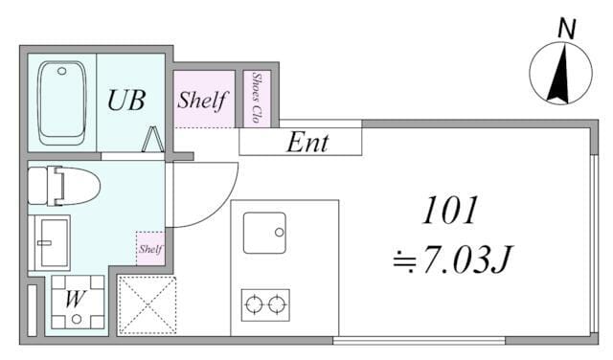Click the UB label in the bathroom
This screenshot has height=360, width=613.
tap(126, 101)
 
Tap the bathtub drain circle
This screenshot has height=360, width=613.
tap(61, 71)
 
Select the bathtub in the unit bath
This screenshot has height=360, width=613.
tap(61, 102)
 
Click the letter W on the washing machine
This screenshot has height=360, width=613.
tap(75, 300)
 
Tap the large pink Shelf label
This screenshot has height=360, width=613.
tap(202, 101)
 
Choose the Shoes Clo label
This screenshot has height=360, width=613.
tap(257, 98)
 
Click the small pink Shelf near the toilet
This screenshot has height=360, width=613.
tap(150, 249)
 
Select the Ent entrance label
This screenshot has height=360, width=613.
tap(307, 143)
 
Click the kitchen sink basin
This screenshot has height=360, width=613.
tap(264, 233)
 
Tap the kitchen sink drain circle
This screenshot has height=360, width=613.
tap(279, 233)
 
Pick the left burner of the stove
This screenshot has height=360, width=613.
tap(254, 304)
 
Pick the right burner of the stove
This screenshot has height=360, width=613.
tap(277, 304)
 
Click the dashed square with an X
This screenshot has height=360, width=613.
tap(147, 305)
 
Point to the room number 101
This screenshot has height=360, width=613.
tap(449, 211)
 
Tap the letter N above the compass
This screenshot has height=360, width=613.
tap(566, 29)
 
